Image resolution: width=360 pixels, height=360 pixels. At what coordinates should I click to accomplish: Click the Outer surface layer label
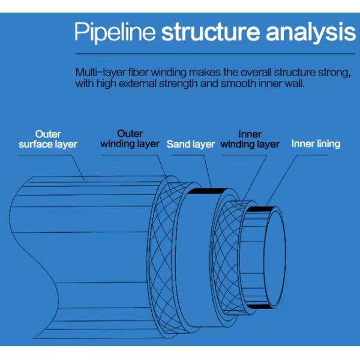(x=48, y=139)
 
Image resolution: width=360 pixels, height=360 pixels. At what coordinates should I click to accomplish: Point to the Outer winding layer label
(x=130, y=139)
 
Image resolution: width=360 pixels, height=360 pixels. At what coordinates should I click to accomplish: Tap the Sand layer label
(x=191, y=144)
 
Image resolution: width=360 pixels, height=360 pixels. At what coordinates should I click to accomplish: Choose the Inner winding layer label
(x=250, y=139)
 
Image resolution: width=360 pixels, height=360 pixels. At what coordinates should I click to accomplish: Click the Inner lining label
(x=316, y=144)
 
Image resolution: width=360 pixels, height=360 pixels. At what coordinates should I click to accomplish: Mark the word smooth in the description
(x=243, y=84)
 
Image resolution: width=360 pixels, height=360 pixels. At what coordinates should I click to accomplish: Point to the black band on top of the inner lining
(x=260, y=209)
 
